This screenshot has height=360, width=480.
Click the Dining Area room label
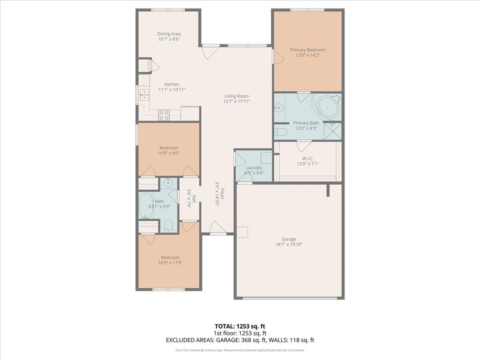[169, 34]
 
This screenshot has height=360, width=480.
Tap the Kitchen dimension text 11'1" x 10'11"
[169, 90]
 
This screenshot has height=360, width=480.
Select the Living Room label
[236, 96]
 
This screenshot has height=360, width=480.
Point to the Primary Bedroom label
[307, 50]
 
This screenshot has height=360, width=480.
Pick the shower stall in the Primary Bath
[333, 131]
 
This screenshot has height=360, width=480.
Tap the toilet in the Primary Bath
[281, 131]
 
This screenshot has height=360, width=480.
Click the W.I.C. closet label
[307, 158]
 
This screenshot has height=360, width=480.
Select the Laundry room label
[254, 167]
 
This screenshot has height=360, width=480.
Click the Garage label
[289, 239]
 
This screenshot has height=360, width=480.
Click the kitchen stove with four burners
[164, 115]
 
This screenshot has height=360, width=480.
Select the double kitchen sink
[143, 95]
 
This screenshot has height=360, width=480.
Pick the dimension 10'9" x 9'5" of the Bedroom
[169, 153]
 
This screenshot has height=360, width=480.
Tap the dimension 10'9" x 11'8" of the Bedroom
[170, 263]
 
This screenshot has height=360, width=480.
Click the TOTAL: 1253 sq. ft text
[240, 326]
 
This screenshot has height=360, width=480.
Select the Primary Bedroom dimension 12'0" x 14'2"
[307, 55]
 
